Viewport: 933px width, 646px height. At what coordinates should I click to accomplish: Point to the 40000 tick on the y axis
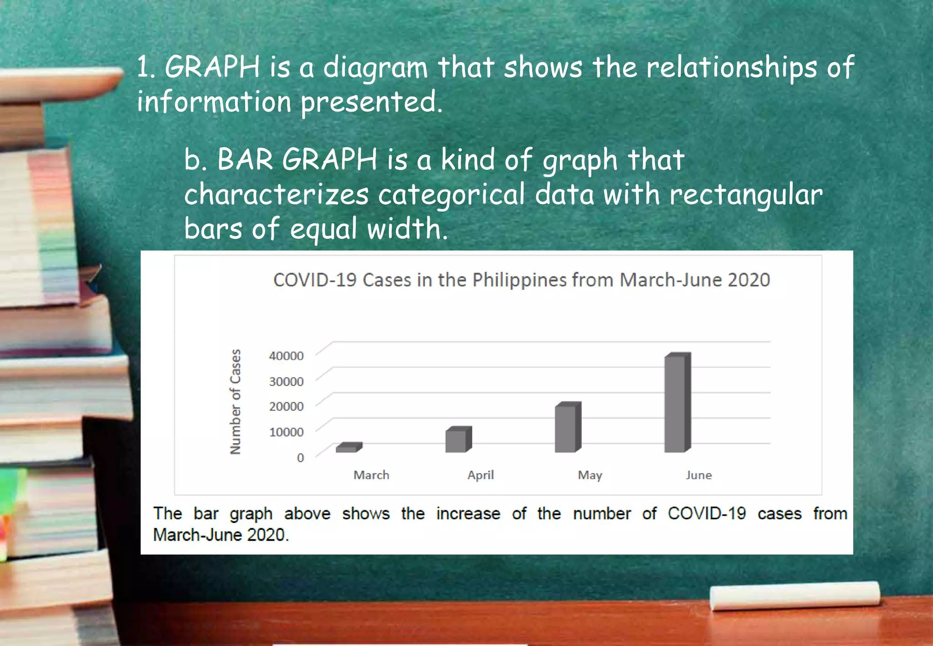(286, 356)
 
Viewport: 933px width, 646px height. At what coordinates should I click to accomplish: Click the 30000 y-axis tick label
(286, 381)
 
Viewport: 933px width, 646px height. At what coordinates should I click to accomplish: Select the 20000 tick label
(286, 406)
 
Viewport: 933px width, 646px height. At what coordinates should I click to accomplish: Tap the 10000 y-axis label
(286, 432)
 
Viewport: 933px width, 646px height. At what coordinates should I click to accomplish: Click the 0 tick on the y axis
(300, 457)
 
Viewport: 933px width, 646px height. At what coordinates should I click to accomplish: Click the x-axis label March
(371, 475)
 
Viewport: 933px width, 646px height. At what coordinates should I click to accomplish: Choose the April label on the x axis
(481, 475)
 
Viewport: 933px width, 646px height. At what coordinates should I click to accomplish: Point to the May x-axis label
(590, 475)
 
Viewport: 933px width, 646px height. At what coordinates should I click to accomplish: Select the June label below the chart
(699, 475)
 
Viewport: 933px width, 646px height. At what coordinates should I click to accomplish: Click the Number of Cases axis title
(235, 402)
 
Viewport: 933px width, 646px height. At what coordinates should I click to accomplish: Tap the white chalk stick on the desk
(795, 595)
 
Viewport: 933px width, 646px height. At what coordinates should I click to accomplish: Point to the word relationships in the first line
(732, 67)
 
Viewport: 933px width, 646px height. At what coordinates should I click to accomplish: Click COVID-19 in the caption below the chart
(707, 514)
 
